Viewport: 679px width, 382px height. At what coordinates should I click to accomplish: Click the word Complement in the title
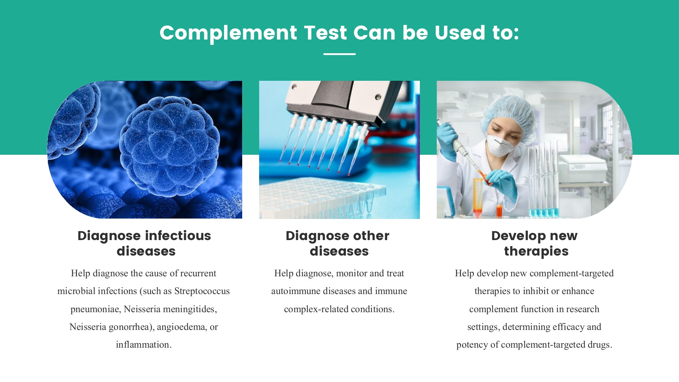click(x=228, y=33)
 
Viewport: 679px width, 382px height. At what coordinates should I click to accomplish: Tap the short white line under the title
click(x=339, y=54)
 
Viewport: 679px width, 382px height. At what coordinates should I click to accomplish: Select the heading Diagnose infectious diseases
click(x=144, y=243)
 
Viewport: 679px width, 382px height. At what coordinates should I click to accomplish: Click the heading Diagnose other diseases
click(x=338, y=243)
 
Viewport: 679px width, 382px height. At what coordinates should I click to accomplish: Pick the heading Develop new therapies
click(x=535, y=243)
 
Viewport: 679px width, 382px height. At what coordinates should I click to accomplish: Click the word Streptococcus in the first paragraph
click(x=202, y=291)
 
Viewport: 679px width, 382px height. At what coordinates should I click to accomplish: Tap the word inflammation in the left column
click(x=144, y=345)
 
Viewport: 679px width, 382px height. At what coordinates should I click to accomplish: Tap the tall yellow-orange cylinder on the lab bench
click(x=478, y=196)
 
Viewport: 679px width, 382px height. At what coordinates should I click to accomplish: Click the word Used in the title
click(x=460, y=33)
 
